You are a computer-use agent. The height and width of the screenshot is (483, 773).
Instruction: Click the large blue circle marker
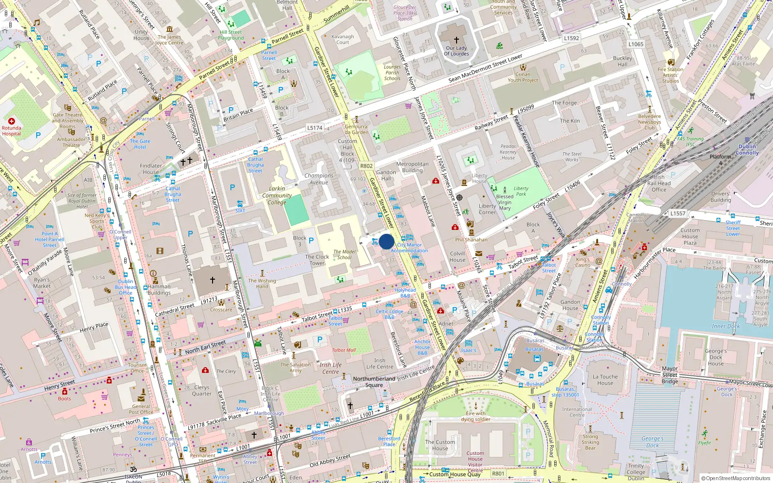click(x=386, y=241)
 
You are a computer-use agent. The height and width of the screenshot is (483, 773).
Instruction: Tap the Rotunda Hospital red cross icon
click(x=12, y=121)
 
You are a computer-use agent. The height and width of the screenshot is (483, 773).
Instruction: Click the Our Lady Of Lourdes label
click(x=457, y=51)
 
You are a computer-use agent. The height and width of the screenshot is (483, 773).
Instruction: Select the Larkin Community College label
click(x=277, y=196)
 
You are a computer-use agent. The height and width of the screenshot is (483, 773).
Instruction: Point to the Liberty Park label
click(x=521, y=191)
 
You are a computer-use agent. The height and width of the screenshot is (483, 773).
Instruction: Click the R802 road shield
click(x=366, y=166)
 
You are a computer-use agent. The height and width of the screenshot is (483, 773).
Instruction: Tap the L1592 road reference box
click(x=571, y=38)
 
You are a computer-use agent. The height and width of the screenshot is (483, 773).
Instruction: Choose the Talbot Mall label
click(x=344, y=350)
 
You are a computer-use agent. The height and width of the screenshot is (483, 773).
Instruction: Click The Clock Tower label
click(x=317, y=260)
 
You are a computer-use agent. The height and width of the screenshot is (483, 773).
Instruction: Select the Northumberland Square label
click(x=374, y=382)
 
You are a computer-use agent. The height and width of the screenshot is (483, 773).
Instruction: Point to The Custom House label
click(x=440, y=445)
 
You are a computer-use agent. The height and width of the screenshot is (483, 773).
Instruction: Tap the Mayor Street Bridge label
click(x=670, y=375)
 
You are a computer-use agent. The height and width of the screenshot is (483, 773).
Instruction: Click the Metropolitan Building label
click(x=412, y=167)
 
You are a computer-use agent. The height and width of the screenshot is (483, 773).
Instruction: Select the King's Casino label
click(x=583, y=262)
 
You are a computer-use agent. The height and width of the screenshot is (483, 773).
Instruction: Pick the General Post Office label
click(x=141, y=409)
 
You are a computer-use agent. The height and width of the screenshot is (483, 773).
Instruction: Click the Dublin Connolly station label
click(x=747, y=150)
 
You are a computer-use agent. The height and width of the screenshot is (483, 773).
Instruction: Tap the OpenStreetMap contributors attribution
click(x=735, y=478)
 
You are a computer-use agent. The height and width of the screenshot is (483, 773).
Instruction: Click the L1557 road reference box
click(x=678, y=213)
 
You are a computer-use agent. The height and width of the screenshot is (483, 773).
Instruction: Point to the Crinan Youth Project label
click(x=523, y=77)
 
